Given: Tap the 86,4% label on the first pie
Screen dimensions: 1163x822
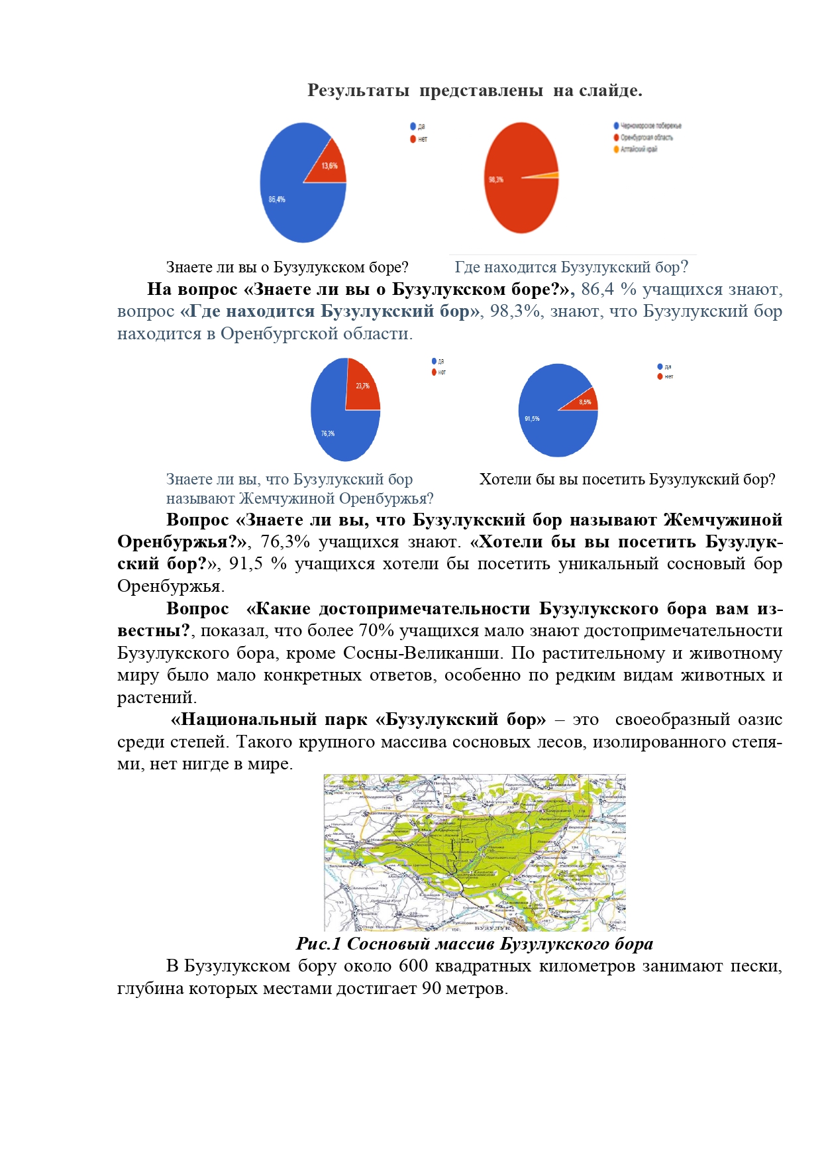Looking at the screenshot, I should point(277,199).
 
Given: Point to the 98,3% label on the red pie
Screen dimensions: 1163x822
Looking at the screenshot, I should point(495,180).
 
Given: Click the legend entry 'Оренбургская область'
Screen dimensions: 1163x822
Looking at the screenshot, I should point(646,138).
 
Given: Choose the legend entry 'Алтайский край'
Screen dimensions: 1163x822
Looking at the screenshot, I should point(638,149).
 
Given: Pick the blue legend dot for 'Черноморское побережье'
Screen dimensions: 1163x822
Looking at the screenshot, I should point(616,126).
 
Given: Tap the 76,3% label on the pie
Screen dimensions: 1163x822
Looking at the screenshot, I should point(328,433).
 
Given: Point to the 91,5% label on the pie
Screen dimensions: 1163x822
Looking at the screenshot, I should point(532,419).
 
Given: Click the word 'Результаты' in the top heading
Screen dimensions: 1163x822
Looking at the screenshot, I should point(358,91).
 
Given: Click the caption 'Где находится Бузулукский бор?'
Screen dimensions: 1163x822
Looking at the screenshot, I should point(571,267).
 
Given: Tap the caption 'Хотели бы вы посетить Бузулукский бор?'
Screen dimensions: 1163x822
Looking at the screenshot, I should point(627,479).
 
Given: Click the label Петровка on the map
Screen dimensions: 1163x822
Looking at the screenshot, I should point(444,783).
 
